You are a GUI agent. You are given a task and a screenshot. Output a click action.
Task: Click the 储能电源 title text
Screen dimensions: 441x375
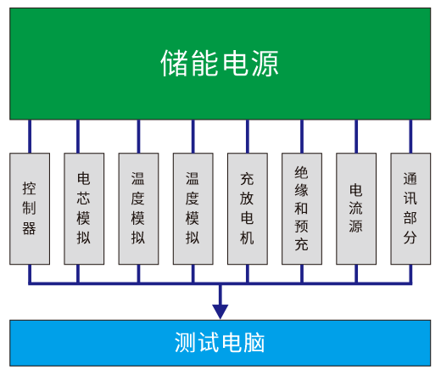coord(220,64)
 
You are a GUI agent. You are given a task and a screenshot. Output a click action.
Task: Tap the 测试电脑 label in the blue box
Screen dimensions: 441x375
coord(220,343)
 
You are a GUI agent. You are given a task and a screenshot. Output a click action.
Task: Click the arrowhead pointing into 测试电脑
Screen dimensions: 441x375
coord(220,311)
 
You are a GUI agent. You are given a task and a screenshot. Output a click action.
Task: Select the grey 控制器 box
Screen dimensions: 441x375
coord(30,209)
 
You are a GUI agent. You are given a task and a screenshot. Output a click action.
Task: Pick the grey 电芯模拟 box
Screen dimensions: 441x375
coord(84,209)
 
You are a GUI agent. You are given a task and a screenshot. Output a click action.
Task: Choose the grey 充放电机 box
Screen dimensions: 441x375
coord(248,209)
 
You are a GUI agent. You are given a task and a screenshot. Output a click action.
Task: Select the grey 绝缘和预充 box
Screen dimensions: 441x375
coord(302,209)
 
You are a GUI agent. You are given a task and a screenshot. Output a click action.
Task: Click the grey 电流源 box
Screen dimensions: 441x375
coord(356,209)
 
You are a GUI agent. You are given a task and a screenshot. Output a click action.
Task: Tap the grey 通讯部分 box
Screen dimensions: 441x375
coord(410,209)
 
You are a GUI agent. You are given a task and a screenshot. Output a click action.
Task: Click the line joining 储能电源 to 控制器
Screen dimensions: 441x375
coord(30,137)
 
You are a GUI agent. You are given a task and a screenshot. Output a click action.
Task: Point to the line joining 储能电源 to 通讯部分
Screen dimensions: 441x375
coord(410,137)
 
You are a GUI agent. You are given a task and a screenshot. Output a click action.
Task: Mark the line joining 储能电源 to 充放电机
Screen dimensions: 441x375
coord(248,137)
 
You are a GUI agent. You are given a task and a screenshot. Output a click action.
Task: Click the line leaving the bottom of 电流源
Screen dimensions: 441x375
coord(356,274)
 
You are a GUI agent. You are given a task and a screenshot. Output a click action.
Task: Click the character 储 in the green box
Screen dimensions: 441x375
coord(174,64)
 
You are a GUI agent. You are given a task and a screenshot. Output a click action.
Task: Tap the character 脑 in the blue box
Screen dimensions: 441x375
coord(254,343)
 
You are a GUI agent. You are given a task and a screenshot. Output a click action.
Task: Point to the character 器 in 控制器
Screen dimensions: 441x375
coord(30,228)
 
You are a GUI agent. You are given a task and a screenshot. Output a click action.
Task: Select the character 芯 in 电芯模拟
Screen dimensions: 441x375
coord(84,199)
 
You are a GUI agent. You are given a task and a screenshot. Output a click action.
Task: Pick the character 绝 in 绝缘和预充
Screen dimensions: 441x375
coord(301,172)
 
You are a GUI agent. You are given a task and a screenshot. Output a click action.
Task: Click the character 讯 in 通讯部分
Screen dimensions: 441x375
coord(410,199)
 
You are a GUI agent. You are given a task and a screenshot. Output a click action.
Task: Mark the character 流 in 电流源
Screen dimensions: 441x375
coord(355,208)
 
